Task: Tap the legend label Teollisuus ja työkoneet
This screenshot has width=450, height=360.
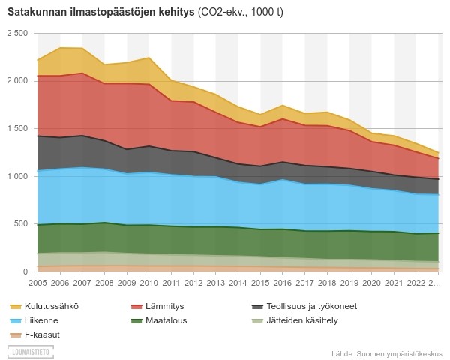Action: pos(304,306)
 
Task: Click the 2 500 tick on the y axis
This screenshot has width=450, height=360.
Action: pos(17,33)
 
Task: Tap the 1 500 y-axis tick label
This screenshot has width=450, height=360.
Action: pos(17,128)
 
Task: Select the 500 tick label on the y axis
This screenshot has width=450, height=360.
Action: pos(20,224)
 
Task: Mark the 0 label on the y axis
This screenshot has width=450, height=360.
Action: pos(24,271)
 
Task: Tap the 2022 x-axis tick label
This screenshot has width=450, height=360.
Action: pos(414,283)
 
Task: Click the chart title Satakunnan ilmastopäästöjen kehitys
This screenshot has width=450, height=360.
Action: pos(97,13)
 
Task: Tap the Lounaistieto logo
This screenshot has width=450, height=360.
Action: pos(31,350)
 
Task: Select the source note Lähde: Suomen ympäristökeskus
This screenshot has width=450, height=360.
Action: pos(386,352)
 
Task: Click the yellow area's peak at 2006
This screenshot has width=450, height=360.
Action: pos(60,48)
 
